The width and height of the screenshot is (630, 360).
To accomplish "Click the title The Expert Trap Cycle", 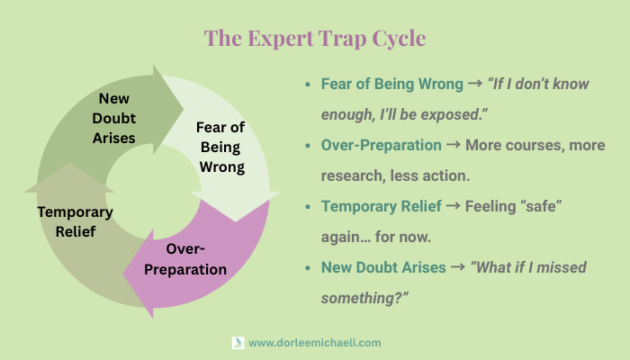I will click(x=315, y=39).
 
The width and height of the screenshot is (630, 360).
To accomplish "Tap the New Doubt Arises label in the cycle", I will click(x=118, y=117).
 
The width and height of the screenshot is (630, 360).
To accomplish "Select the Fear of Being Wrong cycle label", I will click(x=220, y=146).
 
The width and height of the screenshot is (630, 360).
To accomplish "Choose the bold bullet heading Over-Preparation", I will click(x=382, y=145).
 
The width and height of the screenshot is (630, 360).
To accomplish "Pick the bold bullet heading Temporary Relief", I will click(x=382, y=206).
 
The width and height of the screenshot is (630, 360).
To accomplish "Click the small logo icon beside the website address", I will click(x=238, y=343).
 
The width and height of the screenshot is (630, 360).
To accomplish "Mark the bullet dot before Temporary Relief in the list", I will click(x=308, y=207).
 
